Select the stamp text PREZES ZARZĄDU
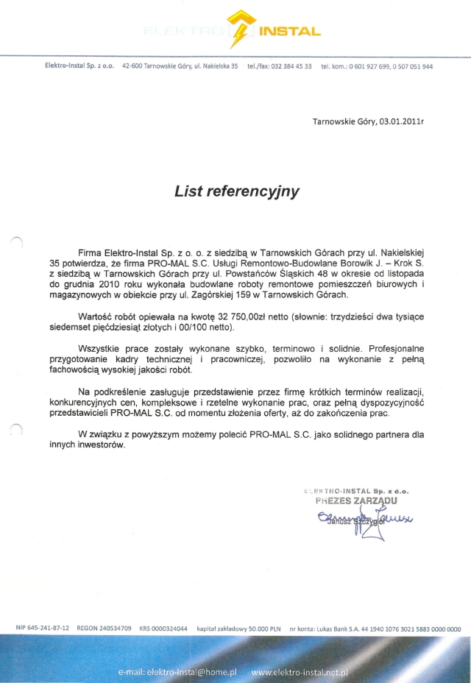pos(356,500)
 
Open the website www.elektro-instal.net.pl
pos(299,673)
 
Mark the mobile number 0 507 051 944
pos(411,66)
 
